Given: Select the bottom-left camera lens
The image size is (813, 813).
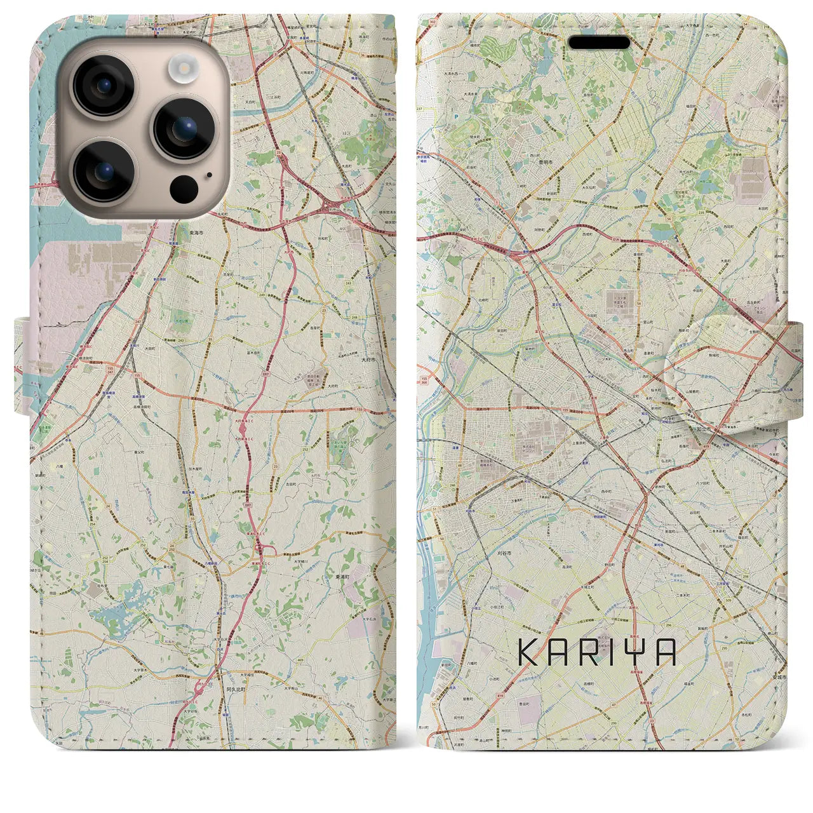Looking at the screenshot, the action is [103, 170].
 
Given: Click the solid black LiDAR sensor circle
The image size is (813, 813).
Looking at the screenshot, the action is [184, 189].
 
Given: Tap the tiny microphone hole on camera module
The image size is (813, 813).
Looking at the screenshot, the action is [209, 174].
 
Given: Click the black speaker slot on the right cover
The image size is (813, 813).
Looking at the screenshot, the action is [599, 43].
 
